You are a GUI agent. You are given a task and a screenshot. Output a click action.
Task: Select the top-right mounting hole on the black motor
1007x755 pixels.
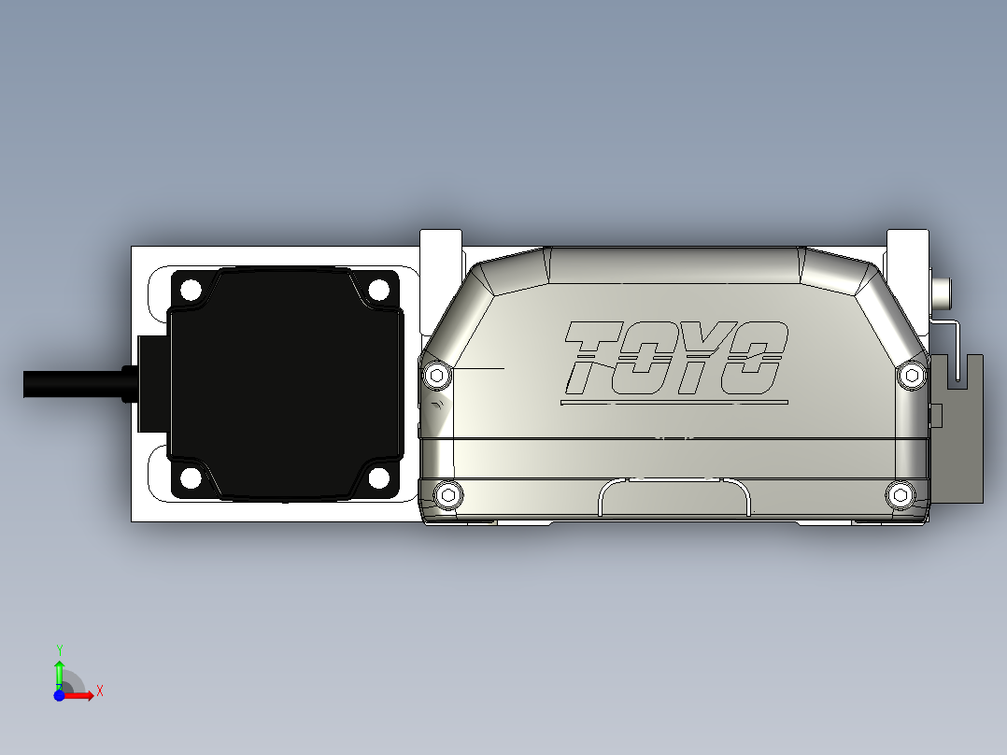pos(378,290)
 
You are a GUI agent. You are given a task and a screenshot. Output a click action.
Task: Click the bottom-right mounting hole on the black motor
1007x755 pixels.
pos(378,478)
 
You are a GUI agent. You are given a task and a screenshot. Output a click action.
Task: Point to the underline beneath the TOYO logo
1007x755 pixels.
pos(673,403)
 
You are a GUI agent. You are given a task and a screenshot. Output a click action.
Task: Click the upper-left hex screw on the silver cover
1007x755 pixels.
pos(436,376)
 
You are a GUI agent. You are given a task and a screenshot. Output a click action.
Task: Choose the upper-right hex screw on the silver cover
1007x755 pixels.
pos(912,376)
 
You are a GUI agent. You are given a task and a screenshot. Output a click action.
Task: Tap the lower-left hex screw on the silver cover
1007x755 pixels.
pos(449,493)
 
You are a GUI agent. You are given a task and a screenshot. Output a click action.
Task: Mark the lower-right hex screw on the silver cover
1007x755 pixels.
pos(900,493)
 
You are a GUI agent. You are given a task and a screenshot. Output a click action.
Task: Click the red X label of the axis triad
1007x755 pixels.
pos(100,691)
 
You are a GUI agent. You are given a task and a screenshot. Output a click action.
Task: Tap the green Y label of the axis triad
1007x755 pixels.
pos(59,648)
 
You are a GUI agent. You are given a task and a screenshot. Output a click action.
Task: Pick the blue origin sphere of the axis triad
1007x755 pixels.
pos(59,695)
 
